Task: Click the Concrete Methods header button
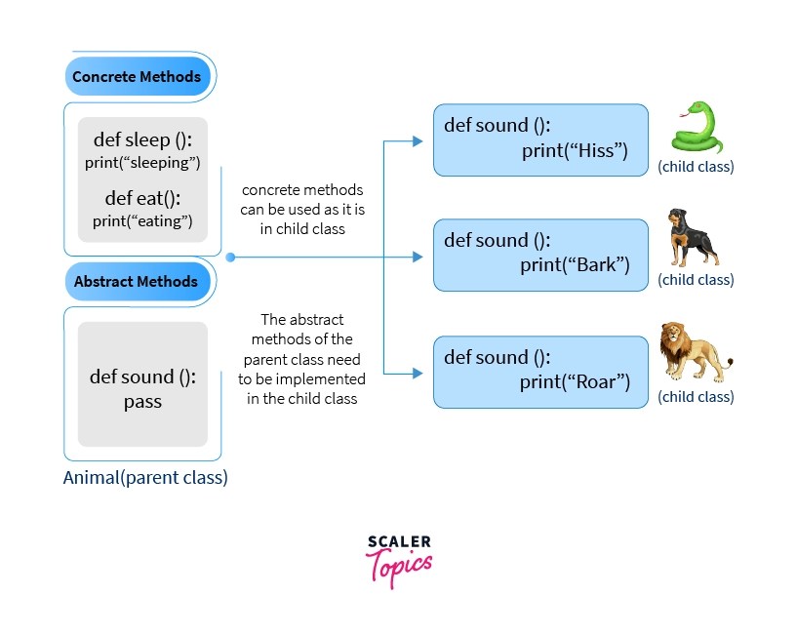tap(137, 76)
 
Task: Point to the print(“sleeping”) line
tap(142, 162)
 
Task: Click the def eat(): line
tap(142, 198)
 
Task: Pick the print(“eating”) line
tap(142, 220)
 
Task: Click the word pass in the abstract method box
tap(142, 401)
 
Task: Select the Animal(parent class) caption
tap(145, 478)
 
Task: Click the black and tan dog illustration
tap(693, 237)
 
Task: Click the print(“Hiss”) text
tap(574, 150)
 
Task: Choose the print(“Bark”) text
tap(576, 264)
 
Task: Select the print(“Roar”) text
tap(576, 380)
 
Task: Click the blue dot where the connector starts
tap(230, 258)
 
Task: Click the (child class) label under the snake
tap(696, 167)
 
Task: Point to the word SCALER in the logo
tap(399, 541)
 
